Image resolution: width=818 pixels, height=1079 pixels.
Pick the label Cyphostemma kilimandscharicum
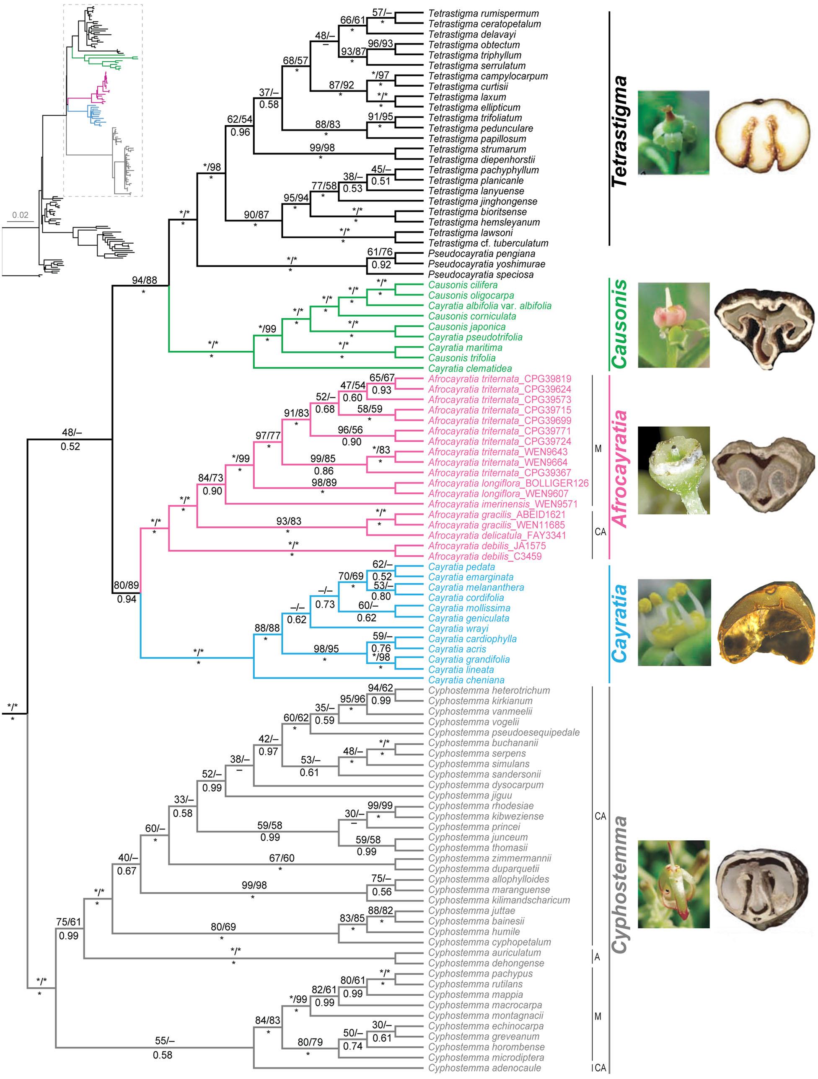tap(499, 900)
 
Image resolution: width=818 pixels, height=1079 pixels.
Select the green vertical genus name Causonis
tap(620, 324)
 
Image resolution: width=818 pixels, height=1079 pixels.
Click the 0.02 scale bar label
tap(21, 215)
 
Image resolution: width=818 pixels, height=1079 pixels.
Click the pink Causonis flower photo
tap(673, 325)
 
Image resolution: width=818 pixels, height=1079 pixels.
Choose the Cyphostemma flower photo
tap(673, 884)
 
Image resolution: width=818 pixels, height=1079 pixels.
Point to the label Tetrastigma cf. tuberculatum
tap(488, 243)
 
